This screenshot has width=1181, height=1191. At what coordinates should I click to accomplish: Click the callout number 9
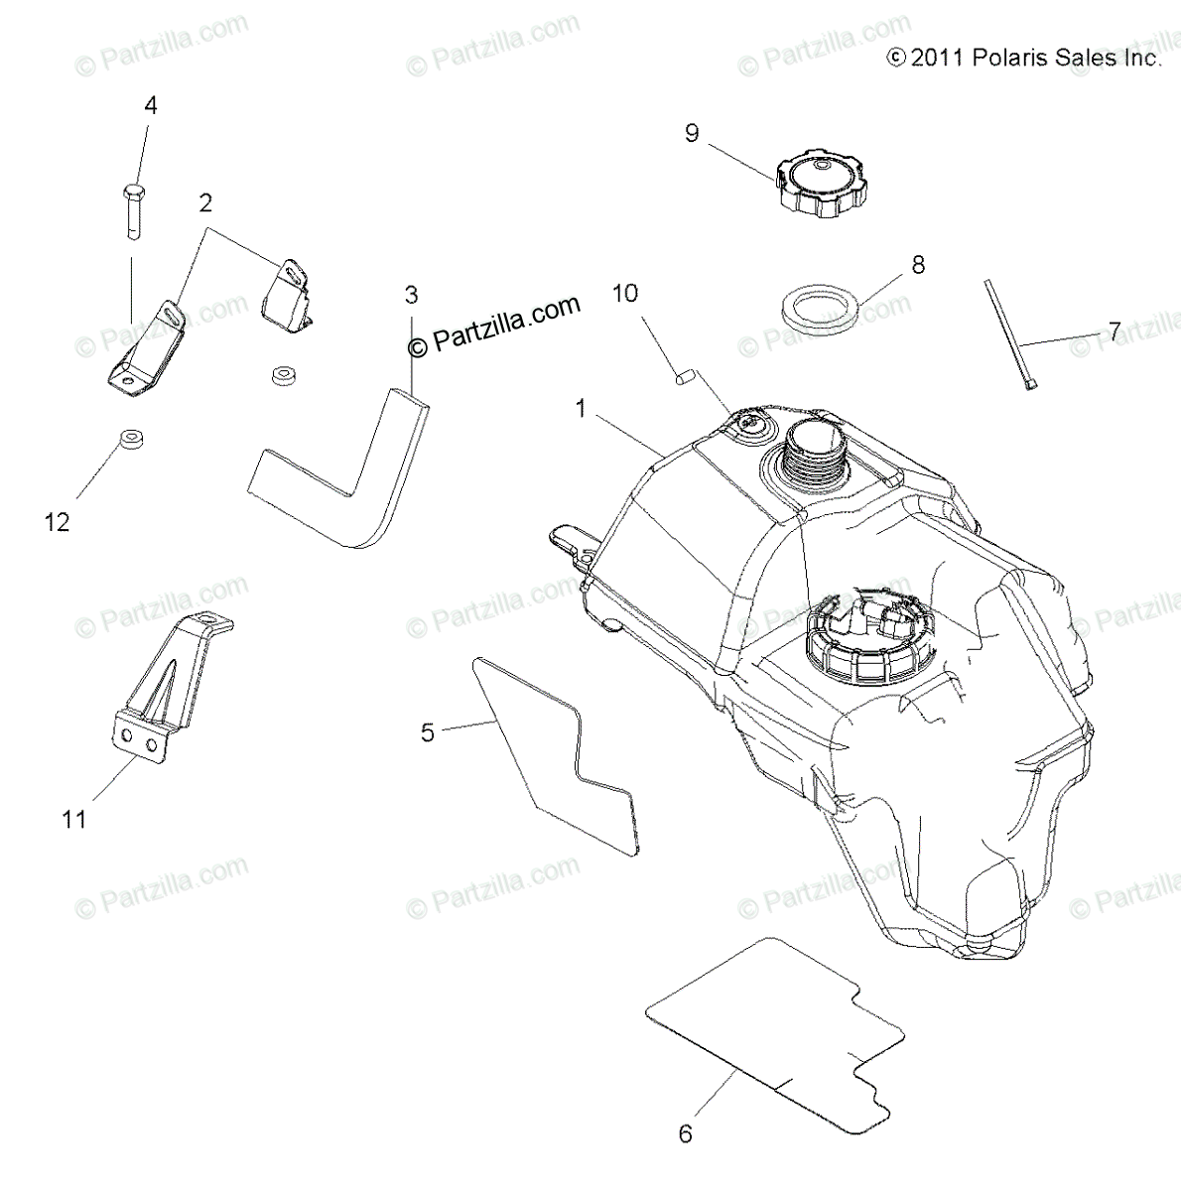coord(692,134)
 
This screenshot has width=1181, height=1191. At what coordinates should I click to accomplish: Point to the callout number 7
coord(1115,331)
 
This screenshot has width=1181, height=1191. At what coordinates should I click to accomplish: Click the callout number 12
coord(58,522)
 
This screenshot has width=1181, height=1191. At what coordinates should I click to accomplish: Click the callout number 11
coord(74,820)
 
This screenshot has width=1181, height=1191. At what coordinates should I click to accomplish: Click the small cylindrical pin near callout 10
coord(683,375)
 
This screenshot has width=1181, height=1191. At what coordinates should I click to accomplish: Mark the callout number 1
coord(581,406)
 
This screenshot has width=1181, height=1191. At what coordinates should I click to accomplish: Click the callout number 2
coord(205,203)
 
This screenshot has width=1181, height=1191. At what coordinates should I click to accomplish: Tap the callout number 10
coord(625,294)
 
